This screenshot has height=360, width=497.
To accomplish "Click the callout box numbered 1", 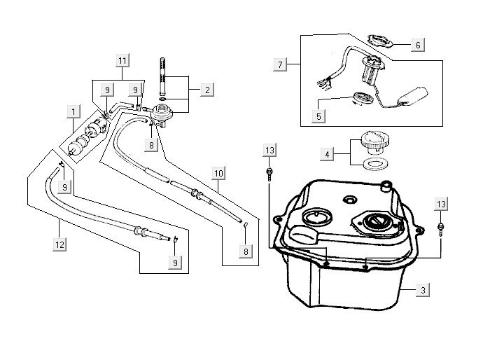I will pos(72,111).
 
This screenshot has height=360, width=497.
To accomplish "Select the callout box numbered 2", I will pos(206,90).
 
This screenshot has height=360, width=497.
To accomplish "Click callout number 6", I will pos(417,45).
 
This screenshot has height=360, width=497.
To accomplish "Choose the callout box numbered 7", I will pos(280,64).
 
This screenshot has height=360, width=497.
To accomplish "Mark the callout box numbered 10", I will pos(218,172).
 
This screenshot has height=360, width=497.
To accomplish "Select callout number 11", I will pos(122,62).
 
